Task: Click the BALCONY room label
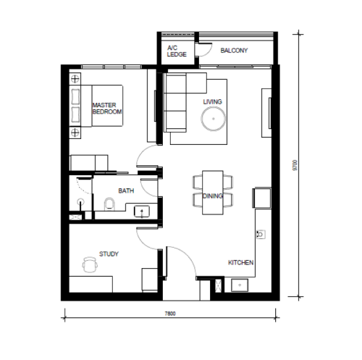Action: [234, 51]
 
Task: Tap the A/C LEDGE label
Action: [177, 51]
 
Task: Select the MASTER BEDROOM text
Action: [107, 109]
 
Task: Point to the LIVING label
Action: [212, 101]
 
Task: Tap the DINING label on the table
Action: [212, 196]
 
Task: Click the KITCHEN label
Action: [240, 262]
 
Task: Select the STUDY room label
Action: [109, 254]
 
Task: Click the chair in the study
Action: [90, 264]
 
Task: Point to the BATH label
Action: [126, 191]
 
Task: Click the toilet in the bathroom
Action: [109, 204]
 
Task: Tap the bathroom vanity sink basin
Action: [142, 212]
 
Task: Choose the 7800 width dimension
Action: [170, 314]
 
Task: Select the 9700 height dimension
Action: [295, 165]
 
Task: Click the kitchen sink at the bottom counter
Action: [240, 285]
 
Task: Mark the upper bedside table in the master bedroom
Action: [75, 79]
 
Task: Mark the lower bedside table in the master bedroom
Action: [75, 133]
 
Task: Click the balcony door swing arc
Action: [208, 53]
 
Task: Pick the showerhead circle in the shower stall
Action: [80, 201]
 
